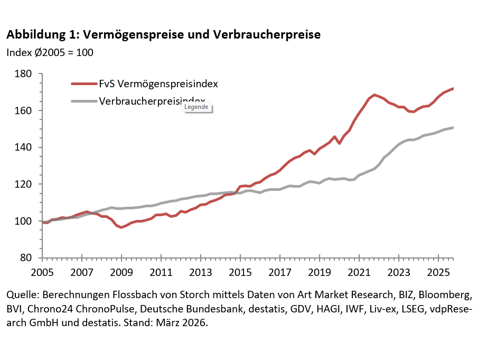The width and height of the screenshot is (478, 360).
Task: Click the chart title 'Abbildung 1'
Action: coord(163,35)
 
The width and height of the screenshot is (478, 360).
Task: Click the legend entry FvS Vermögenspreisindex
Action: coord(158,84)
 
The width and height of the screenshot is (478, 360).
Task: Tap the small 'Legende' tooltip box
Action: coord(196,107)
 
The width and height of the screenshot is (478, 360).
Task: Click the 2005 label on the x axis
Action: coord(43,273)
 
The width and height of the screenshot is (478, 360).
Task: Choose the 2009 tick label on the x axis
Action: coord(121,273)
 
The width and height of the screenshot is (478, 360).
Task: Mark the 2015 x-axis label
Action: coord(240,273)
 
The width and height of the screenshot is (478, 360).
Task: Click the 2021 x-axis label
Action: coord(359,273)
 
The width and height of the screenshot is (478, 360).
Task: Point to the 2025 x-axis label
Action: coord(438,273)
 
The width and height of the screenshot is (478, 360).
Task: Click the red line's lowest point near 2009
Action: coord(121,227)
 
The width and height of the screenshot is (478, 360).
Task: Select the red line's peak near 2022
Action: coord(374,95)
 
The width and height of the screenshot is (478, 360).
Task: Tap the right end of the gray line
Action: coord(453,127)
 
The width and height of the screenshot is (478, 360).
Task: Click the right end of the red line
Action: coord(453,88)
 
